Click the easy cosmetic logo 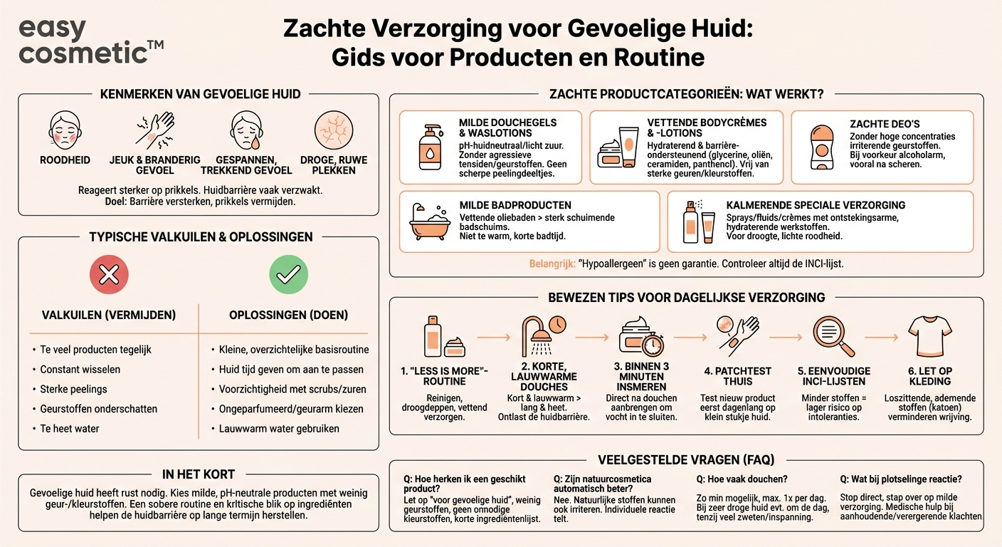(90, 41)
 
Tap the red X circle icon (109, 274)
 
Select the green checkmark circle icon (289, 274)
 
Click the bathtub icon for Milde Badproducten (430, 222)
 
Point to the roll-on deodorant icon (821, 145)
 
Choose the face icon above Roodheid (64, 131)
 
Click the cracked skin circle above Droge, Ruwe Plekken (333, 131)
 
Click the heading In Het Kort (199, 474)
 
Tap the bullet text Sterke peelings (74, 389)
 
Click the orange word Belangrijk (552, 264)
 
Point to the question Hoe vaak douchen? (742, 479)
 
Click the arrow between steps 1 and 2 (494, 335)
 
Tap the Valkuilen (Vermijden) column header (109, 315)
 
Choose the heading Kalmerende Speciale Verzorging (816, 205)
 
